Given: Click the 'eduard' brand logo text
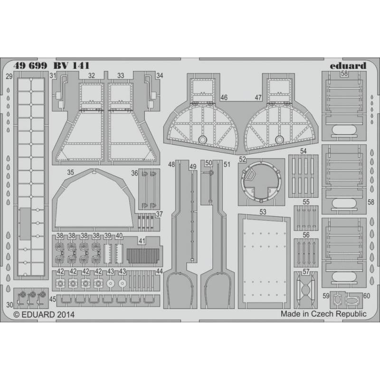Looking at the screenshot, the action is pos(348,66).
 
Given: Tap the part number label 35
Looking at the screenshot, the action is pos(70,172).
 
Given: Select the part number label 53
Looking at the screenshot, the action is pos(263,212).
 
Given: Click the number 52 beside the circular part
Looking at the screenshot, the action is pos(242,159).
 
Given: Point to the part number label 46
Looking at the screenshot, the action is pos(224,97).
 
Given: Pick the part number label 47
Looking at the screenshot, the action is pos(258,97).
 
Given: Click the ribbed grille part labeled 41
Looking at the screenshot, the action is pos(143,256).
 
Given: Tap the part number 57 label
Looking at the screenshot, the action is pos(306,272).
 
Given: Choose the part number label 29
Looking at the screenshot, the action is pos(9,77).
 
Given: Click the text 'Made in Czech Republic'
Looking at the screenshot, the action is pos(323,314).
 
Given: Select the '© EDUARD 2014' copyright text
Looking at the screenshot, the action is pos(44,314).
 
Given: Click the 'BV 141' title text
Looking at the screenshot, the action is pos(71,66).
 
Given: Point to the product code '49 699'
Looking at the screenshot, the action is pos(30,66).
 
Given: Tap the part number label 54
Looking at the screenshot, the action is pos(303,151).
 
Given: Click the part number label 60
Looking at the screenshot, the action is pos(367,296).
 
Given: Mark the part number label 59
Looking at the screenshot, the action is pos(326,296).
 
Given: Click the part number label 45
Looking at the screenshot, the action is pos(53,299).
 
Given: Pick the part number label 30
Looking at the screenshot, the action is pos(9,305).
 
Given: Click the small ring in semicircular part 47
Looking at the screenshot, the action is pos(279,139).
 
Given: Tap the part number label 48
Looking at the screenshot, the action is pos(171,164).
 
